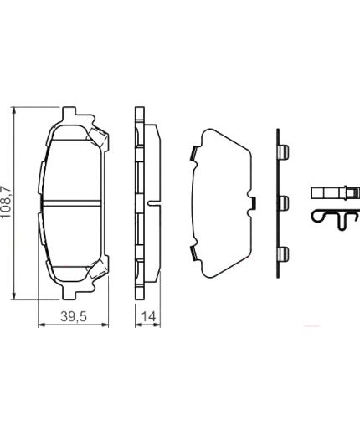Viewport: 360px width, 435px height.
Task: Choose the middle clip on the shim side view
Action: (284, 202)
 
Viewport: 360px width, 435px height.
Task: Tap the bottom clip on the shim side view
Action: (284, 253)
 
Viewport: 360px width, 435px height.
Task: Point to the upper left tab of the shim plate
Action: (193, 153)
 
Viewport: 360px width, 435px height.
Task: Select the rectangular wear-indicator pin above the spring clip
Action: (331, 194)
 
